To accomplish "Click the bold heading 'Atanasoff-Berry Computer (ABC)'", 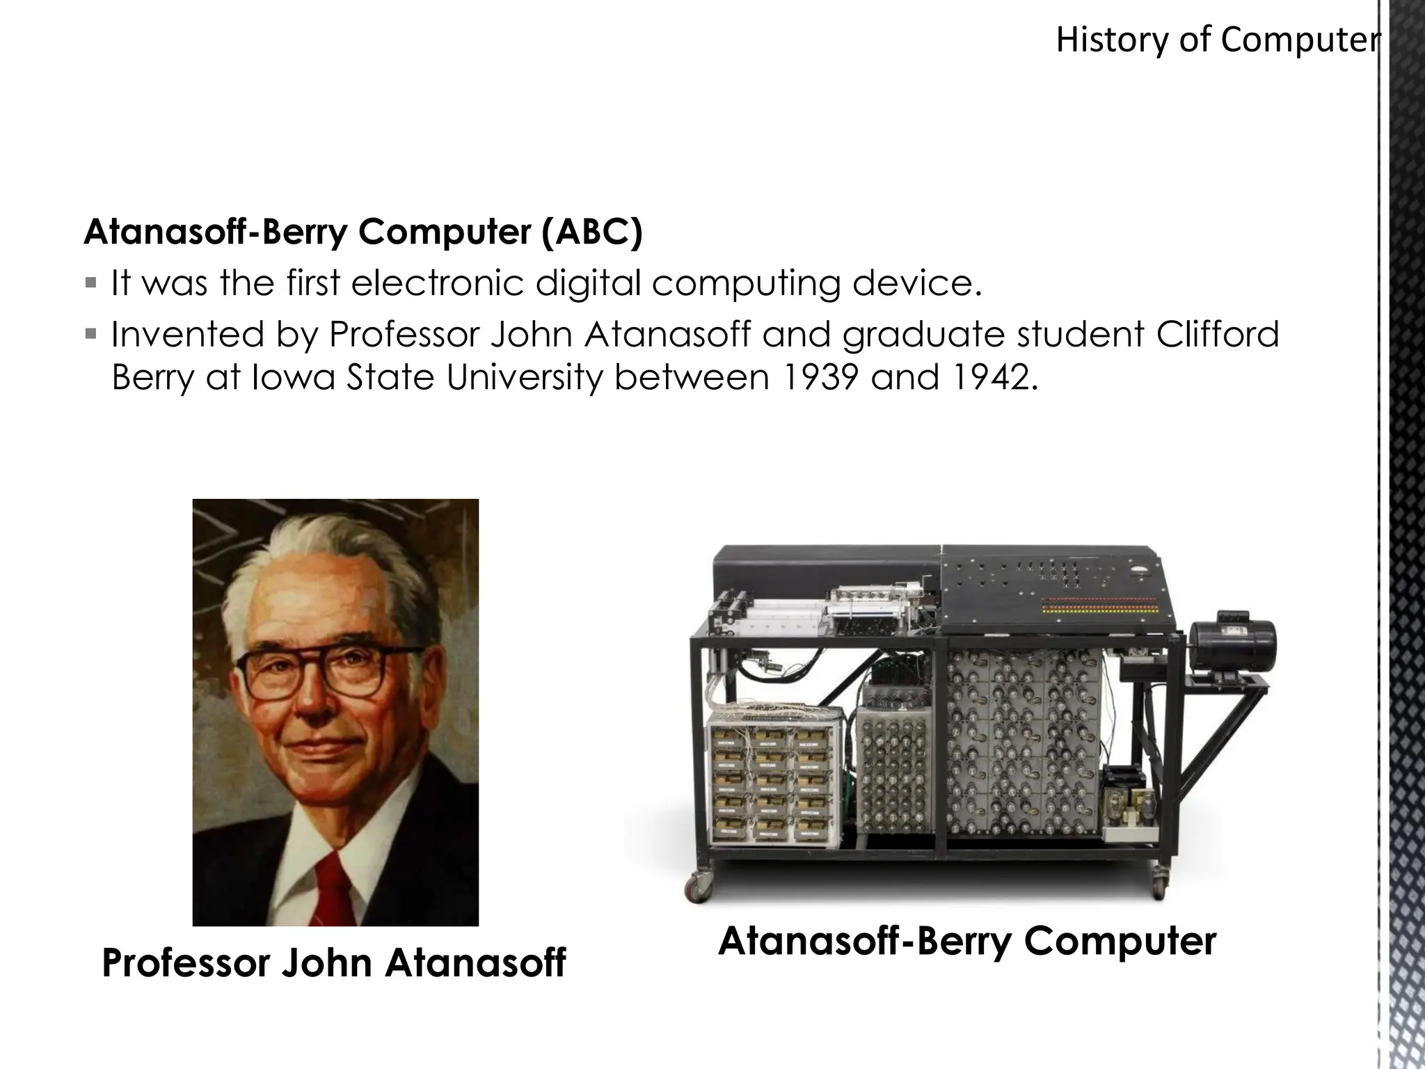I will click(x=363, y=232).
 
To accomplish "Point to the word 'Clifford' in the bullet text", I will click(x=1218, y=334).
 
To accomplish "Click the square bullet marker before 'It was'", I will click(x=91, y=283).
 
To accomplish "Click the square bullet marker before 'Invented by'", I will click(x=91, y=334).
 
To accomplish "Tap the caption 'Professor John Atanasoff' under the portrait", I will click(x=334, y=963).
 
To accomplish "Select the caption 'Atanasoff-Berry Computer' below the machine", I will click(x=967, y=941).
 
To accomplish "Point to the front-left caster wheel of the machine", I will click(x=696, y=887).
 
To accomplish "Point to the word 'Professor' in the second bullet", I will click(x=405, y=334).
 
